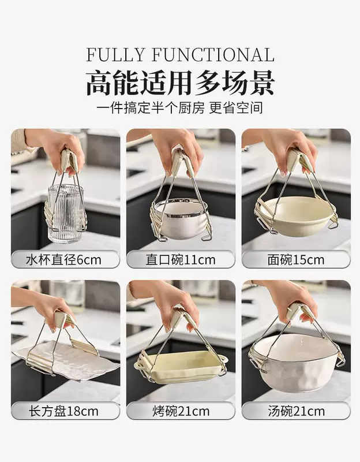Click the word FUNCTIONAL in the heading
click(213, 54)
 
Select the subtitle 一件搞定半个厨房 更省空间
click(180, 108)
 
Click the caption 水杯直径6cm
click(64, 260)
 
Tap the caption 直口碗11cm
click(181, 260)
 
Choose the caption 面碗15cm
click(296, 260)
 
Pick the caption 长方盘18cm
click(63, 411)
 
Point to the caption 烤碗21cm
click(181, 411)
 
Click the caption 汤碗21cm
click(296, 411)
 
